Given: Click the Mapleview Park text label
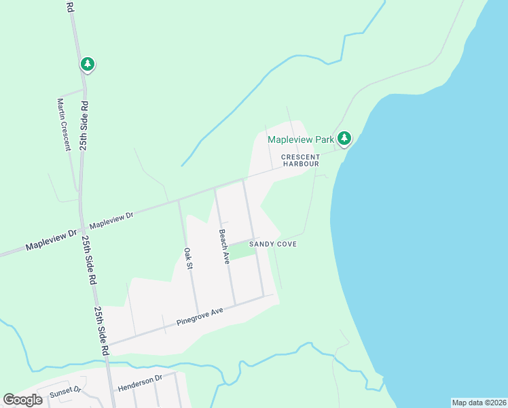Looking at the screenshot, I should [x=300, y=139].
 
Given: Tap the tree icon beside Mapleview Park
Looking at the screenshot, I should [x=344, y=139].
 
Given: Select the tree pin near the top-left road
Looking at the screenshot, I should [x=87, y=65].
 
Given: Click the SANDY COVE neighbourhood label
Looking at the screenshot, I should [x=273, y=243].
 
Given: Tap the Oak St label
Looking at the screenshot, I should [x=188, y=259].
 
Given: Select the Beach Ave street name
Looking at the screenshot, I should [x=224, y=246].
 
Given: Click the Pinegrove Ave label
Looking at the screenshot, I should [x=199, y=316].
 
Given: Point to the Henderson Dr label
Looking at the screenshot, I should [x=141, y=384].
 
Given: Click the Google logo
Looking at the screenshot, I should [x=23, y=400].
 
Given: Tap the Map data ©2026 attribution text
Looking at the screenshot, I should [x=479, y=403].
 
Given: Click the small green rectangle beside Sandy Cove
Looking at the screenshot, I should [x=242, y=250].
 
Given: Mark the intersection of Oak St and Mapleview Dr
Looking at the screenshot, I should [x=179, y=201].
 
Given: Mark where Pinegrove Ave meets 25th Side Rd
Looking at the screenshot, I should [x=108, y=344].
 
